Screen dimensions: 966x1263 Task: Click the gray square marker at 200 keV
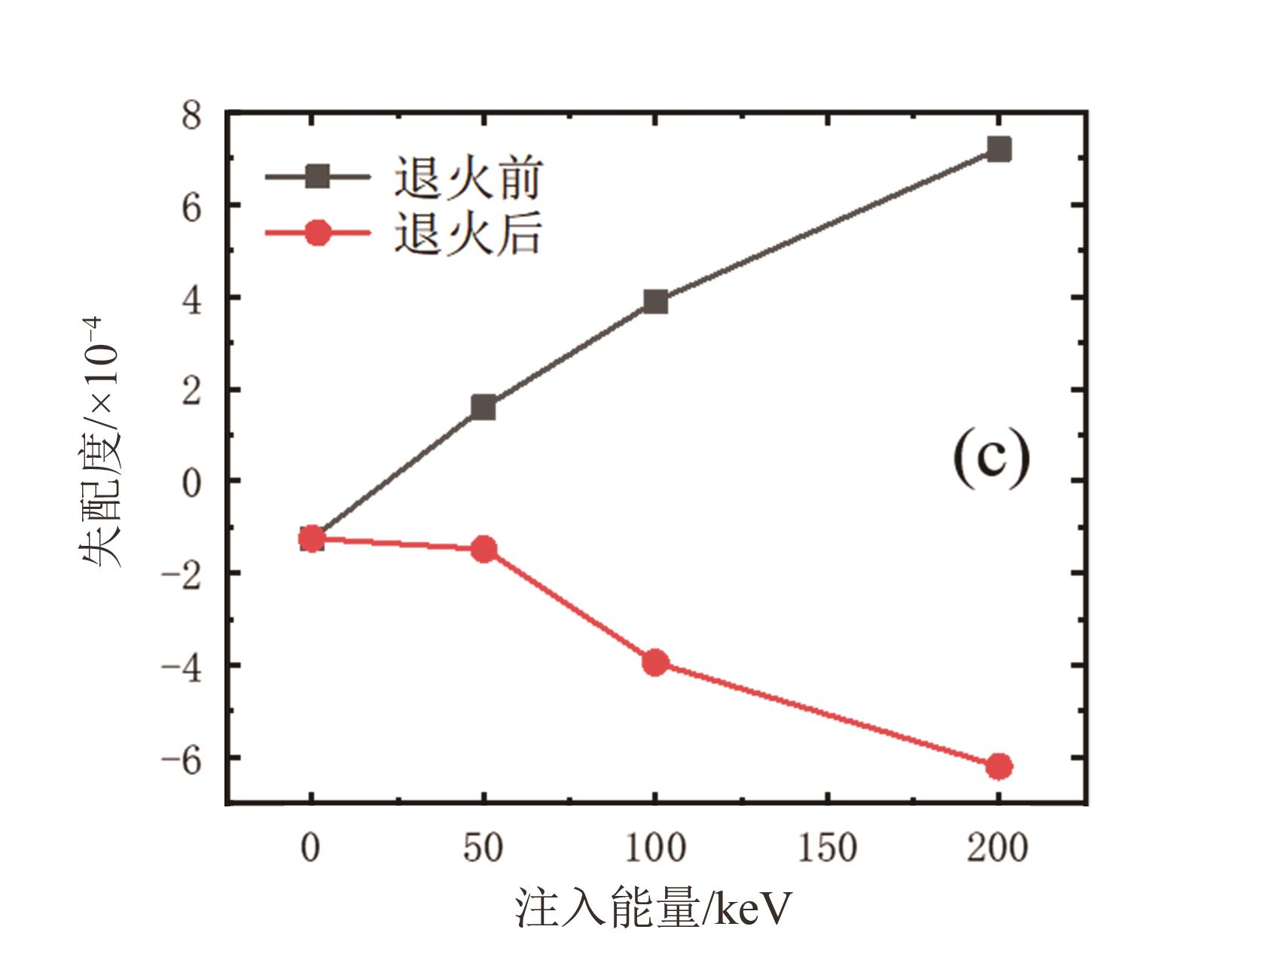point(999,149)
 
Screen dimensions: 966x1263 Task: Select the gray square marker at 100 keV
point(655,302)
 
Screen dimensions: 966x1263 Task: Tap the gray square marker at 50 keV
point(483,407)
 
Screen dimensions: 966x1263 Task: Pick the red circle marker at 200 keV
point(999,766)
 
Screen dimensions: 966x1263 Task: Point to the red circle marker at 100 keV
point(655,663)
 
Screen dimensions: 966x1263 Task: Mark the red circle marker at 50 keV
point(484,549)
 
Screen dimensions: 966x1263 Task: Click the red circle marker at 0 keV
point(312,538)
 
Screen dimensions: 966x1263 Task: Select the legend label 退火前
point(468,178)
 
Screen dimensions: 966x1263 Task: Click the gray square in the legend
point(318,177)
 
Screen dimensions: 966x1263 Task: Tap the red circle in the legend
point(318,233)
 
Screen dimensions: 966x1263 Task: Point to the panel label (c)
point(991,459)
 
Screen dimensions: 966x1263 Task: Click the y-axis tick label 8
point(192,117)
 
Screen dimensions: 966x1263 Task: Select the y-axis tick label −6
point(182,758)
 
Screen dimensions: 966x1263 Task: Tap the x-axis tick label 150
point(827,849)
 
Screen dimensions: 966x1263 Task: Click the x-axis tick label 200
point(998,849)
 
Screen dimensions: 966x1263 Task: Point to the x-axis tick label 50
point(483,849)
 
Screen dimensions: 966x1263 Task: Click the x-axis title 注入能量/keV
point(654,909)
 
